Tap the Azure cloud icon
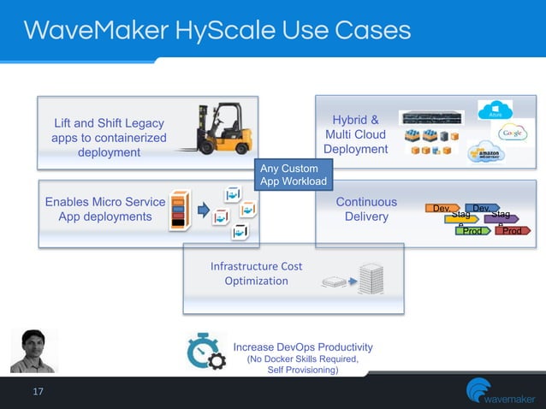tap(496, 111)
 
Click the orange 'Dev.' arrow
tap(443, 209)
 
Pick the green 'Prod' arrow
tap(471, 231)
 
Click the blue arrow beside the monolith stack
tap(204, 210)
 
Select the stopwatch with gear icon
tap(205, 353)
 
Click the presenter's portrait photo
tap(33, 350)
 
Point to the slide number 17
tap(37, 392)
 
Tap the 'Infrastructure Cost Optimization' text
tap(256, 274)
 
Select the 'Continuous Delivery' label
tap(366, 210)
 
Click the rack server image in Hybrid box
tap(432, 117)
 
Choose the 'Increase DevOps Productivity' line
tap(303, 347)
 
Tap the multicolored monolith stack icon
tap(178, 210)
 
